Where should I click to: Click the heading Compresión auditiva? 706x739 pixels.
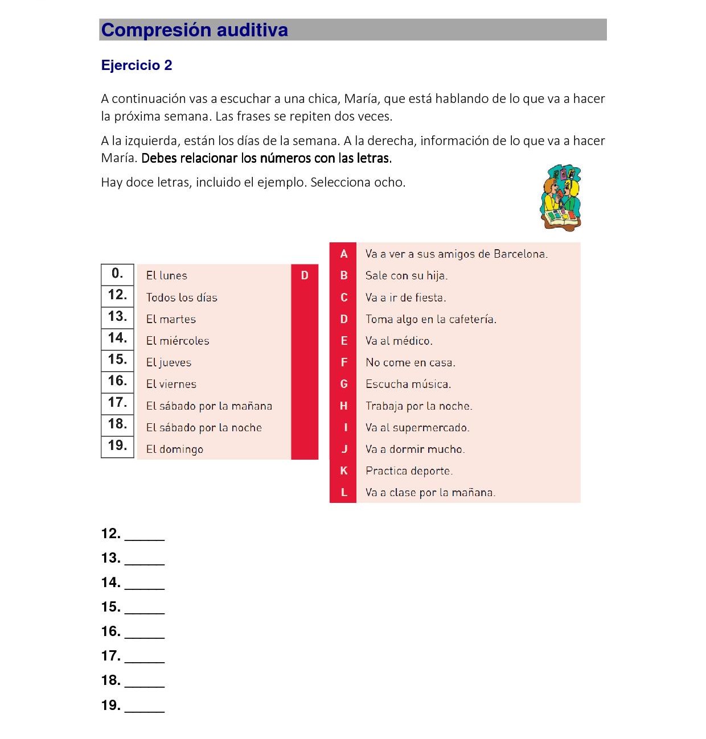coord(195,30)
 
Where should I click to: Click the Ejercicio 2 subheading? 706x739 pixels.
coord(137,65)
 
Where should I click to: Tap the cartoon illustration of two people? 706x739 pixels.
coord(560,198)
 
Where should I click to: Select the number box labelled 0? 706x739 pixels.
coord(117,274)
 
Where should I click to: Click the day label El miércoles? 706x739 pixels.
coord(178,341)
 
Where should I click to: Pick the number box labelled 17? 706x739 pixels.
coord(117,403)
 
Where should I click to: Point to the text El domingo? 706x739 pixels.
coord(175,449)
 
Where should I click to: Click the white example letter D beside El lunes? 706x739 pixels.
coord(305,275)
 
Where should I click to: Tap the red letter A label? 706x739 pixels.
coord(343,254)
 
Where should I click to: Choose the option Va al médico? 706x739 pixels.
coord(399,341)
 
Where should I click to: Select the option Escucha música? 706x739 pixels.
coord(408,384)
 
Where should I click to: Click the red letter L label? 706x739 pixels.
coord(343,492)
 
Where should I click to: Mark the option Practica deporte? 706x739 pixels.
coord(409,471)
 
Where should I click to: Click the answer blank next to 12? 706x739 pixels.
coord(145,535)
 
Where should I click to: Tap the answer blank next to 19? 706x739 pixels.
coord(145,707)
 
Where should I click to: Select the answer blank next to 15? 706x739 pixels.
coord(145,609)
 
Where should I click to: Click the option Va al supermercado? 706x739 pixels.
coord(417,428)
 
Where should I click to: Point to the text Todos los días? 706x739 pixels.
coord(182,298)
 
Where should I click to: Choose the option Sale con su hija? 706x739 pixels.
coord(407,276)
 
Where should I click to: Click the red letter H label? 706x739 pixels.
coord(343,406)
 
